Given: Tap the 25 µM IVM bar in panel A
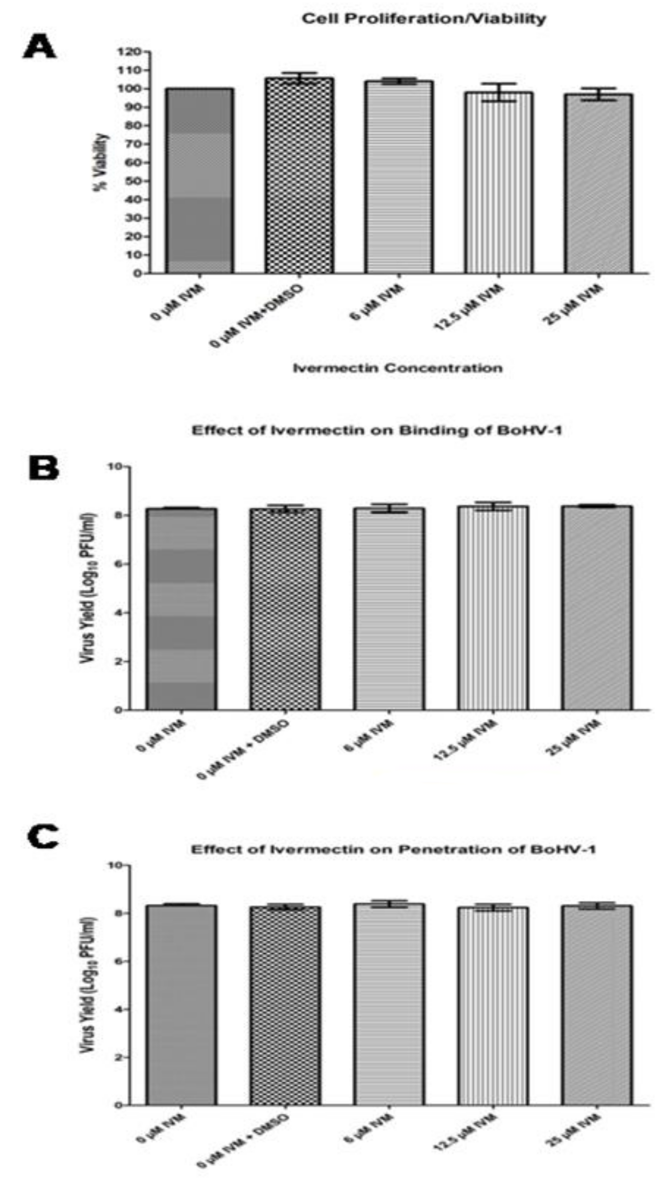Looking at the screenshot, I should (599, 184).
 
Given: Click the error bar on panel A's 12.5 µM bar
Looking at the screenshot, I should (499, 92).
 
